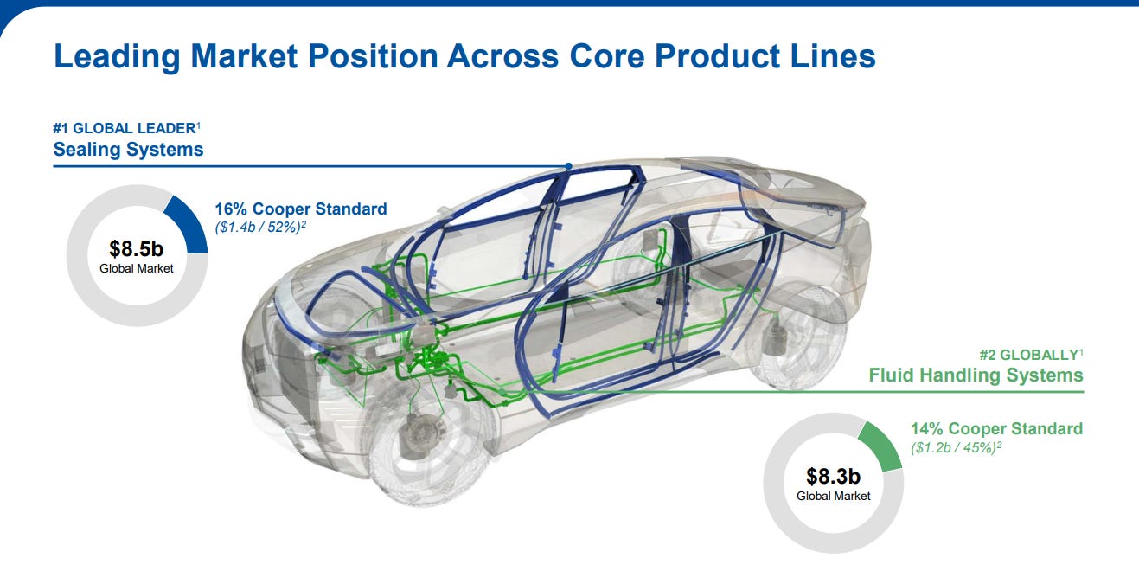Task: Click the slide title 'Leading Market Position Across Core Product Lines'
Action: click(464, 56)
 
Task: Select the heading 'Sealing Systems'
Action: click(128, 150)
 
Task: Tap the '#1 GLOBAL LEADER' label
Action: click(124, 127)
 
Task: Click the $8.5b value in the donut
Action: click(136, 248)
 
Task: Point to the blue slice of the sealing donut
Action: click(189, 223)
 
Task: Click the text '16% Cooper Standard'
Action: click(300, 209)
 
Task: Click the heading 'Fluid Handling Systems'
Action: click(976, 375)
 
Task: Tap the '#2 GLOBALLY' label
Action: click(1028, 354)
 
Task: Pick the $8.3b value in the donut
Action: click(833, 476)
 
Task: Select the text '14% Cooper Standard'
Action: click(996, 428)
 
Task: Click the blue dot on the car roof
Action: click(568, 165)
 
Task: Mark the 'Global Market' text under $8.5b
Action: click(136, 268)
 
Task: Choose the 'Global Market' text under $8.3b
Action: click(833, 496)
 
